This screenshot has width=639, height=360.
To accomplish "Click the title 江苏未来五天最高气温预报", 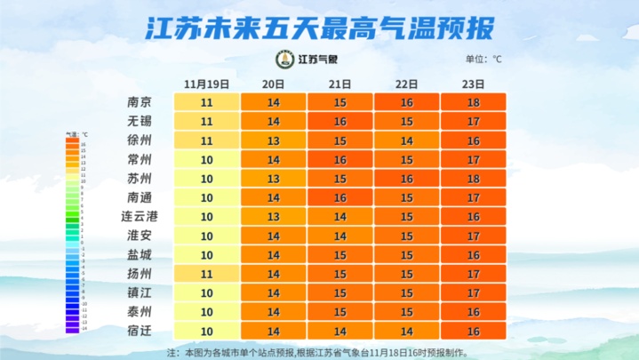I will pyautogui.click(x=319, y=29).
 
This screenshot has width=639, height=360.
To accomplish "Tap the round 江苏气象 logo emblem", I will pyautogui.click(x=285, y=60).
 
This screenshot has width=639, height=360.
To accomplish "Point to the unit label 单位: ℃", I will pyautogui.click(x=483, y=60).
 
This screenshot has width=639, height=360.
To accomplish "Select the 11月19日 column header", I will pyautogui.click(x=207, y=84).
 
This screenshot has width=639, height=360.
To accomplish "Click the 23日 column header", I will pyautogui.click(x=473, y=84).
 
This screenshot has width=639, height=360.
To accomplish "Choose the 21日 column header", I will pyautogui.click(x=339, y=84).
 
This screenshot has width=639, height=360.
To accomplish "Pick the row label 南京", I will pyautogui.click(x=140, y=102).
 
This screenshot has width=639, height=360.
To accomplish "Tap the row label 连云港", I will pyautogui.click(x=140, y=216).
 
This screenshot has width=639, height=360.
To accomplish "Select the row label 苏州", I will pyautogui.click(x=140, y=178).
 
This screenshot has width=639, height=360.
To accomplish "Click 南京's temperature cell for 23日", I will pyautogui.click(x=473, y=102).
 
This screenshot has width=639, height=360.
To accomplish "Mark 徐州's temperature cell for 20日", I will pyautogui.click(x=274, y=140).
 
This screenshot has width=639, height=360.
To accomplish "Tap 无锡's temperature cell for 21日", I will pyautogui.click(x=339, y=121).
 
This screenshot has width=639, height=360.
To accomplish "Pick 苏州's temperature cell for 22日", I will pyautogui.click(x=406, y=178).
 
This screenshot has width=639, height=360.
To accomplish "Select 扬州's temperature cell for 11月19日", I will pyautogui.click(x=207, y=273).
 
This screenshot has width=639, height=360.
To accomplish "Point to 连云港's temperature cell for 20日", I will pyautogui.click(x=274, y=216).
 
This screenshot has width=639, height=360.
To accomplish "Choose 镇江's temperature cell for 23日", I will pyautogui.click(x=473, y=292).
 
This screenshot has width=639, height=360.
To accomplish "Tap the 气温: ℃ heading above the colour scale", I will pyautogui.click(x=76, y=133).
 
